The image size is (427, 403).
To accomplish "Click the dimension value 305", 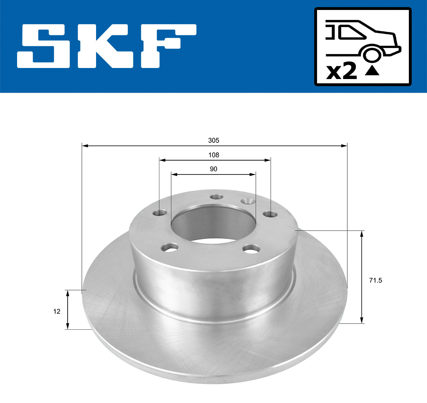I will coord(213,140).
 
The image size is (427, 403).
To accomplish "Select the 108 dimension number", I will coord(213,155).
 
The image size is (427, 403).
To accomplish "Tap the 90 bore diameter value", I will coord(213,169).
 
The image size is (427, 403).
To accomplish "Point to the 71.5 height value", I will coord(375,281).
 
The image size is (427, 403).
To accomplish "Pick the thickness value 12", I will coord(57,312).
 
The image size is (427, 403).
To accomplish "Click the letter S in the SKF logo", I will coord(42,46).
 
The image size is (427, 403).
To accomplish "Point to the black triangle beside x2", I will coord(372,71).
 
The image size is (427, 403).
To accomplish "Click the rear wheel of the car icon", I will coord(371,55).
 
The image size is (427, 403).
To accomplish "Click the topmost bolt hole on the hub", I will coord(216,197).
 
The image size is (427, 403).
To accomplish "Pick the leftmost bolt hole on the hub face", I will coord(160,213).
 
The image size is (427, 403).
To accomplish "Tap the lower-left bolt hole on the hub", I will coord(170,247).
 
